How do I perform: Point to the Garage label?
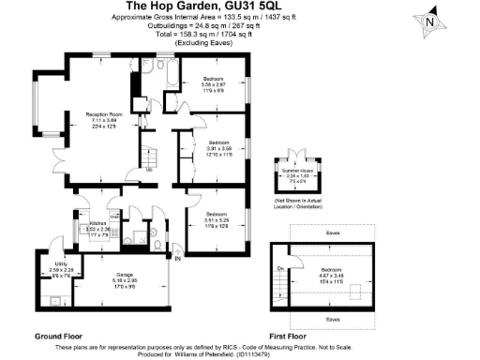tap(125, 275)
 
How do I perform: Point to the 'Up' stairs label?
tap(149, 169)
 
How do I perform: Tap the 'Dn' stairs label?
tap(280, 269)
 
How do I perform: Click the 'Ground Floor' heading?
tap(58, 335)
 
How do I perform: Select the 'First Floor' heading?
tap(289, 335)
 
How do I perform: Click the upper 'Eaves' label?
tap(332, 232)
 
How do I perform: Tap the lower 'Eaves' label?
tap(332, 319)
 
